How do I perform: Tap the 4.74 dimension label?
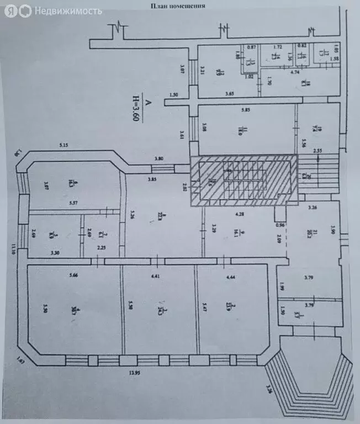point(294,72)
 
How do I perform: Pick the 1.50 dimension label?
point(174,95)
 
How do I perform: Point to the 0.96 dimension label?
point(280,225)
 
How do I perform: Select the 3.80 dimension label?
point(159,159)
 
